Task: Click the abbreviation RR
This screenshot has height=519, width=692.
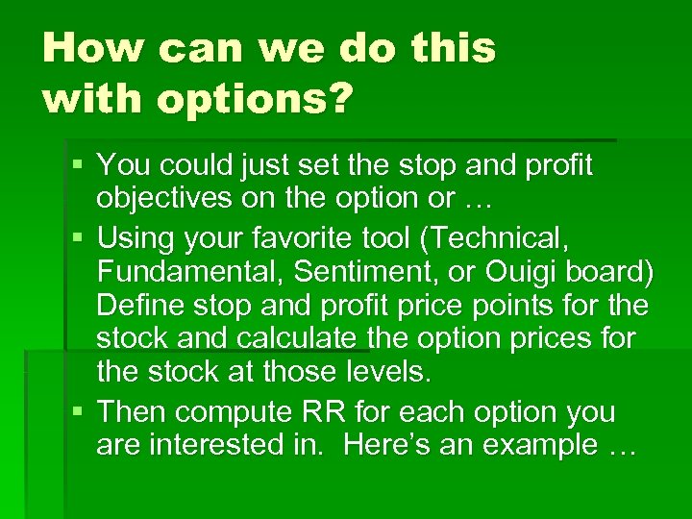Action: click(324, 411)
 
